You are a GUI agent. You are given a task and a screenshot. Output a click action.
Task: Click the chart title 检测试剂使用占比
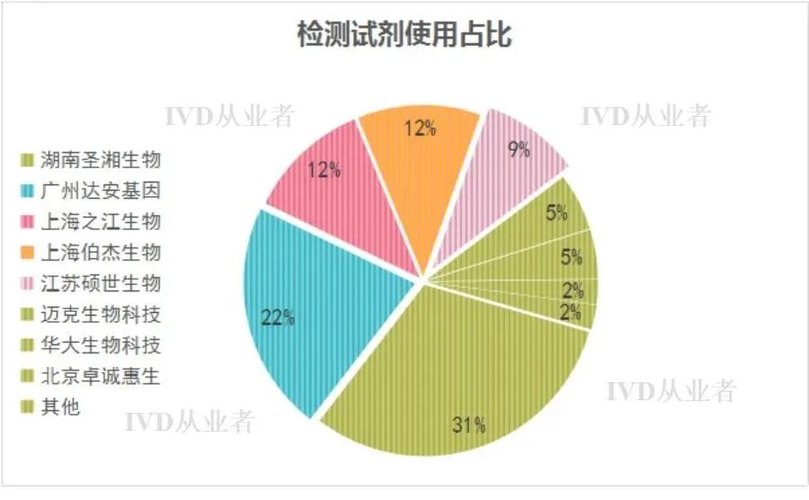click(404, 34)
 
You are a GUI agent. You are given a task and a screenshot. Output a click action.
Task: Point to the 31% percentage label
click(468, 424)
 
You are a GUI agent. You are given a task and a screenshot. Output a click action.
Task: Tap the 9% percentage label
click(520, 150)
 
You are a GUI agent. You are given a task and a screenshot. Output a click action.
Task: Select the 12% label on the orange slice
click(420, 128)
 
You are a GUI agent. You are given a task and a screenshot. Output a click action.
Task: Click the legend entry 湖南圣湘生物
click(100, 161)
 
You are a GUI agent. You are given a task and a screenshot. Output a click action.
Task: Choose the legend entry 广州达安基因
click(100, 192)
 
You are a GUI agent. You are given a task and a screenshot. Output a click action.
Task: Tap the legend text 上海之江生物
click(100, 222)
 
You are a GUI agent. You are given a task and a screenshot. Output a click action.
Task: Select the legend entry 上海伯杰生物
click(100, 253)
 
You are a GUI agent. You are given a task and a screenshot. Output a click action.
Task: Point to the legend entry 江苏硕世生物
click(100, 283)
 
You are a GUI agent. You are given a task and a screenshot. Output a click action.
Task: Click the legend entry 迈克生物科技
click(100, 314)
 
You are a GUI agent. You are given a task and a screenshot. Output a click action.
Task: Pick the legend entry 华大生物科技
click(100, 344)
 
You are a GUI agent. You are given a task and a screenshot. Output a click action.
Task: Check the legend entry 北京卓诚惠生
click(100, 375)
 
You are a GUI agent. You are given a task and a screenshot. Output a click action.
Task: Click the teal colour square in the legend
click(30, 192)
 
